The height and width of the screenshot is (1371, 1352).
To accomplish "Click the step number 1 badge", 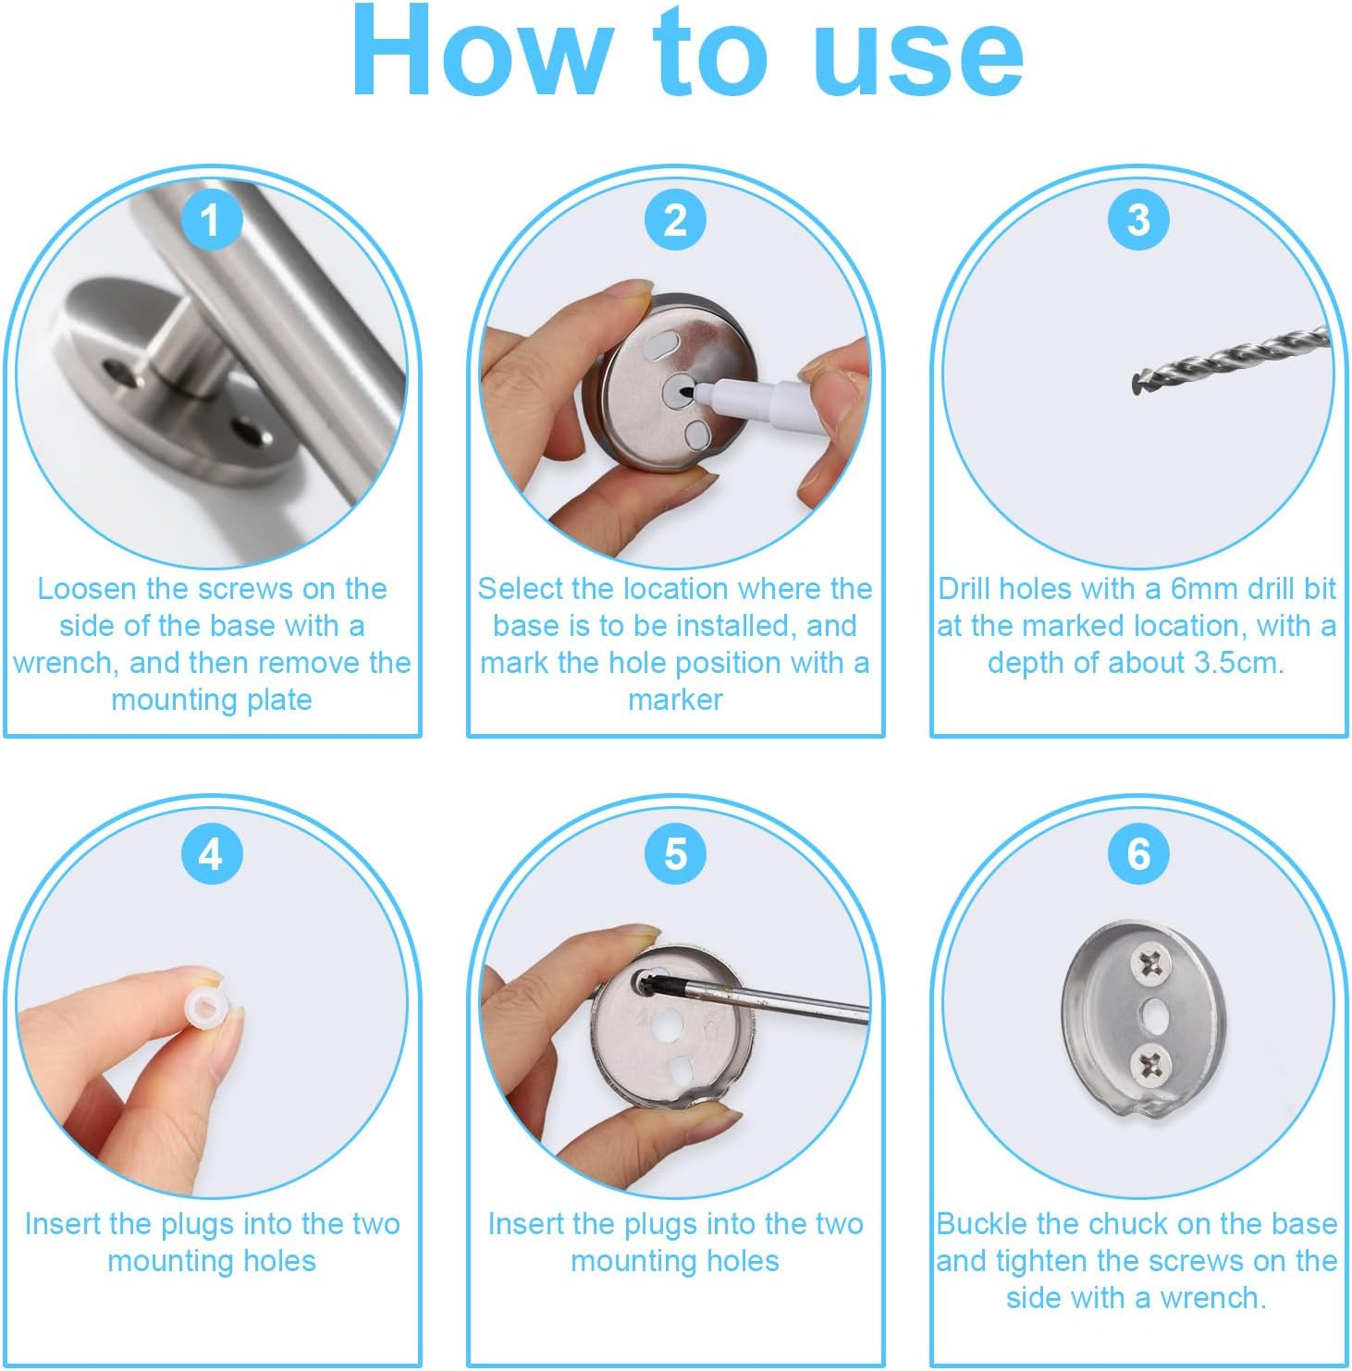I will click(211, 220).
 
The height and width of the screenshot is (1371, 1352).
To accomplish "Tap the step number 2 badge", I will click(675, 220).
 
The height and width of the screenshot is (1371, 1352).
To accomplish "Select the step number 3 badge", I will click(1138, 220).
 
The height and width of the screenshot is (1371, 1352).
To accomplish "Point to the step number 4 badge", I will click(211, 854).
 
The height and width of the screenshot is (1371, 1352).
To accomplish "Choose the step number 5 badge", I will click(675, 854).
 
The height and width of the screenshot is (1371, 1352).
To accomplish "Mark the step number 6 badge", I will click(1138, 854).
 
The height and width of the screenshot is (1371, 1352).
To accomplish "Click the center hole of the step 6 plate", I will click(1154, 1014).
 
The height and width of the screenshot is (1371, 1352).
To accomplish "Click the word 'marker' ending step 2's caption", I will click(675, 700).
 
